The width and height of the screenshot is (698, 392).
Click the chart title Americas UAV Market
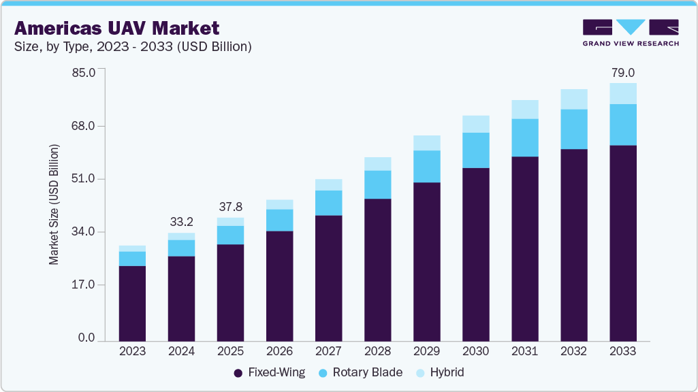[116, 28]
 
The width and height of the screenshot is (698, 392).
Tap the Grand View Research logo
[630, 32]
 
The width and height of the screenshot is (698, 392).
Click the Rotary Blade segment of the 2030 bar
[475, 150]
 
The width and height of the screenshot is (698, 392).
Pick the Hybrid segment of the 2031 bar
[524, 109]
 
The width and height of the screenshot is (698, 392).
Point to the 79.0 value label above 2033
[622, 72]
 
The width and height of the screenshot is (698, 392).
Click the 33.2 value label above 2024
[181, 221]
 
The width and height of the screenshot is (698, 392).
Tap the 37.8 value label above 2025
[230, 206]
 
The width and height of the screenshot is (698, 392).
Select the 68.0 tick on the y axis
[84, 126]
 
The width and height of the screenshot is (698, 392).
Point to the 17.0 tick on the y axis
[84, 284]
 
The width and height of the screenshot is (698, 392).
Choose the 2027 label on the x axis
[328, 351]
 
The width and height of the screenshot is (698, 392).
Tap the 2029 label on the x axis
[426, 351]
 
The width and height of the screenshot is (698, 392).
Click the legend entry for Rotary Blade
[366, 373]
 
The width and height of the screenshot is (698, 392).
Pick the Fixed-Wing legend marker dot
[238, 373]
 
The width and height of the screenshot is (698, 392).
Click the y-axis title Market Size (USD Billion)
[54, 204]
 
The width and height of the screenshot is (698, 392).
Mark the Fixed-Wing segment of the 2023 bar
[132, 303]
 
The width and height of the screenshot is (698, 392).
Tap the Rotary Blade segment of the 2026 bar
[279, 220]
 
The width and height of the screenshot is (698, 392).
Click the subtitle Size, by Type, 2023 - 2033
[133, 47]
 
